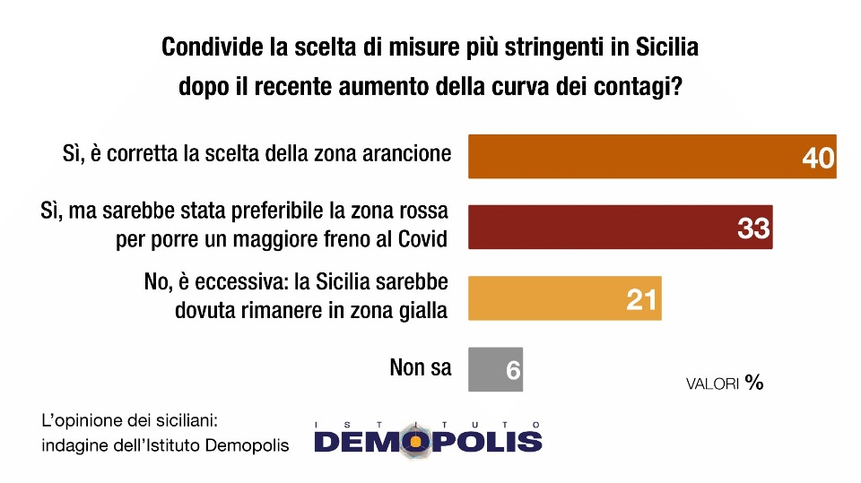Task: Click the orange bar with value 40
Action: pos(652,157)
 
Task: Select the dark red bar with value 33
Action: pos(621,228)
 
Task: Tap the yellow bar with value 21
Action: pos(565,298)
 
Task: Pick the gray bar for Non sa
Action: pos(495,369)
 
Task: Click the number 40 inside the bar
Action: pos(818,158)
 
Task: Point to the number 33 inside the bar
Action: pos(754,229)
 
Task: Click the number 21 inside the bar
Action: pos(641,299)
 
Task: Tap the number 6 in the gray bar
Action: pos(513,371)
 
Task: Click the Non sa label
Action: pos(421,367)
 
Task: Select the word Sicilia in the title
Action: pos(667,47)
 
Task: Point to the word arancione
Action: pos(406,154)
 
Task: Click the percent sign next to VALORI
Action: pos(754,382)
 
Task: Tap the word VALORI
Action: pos(713,384)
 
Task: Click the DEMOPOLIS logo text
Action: pos(428,441)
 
